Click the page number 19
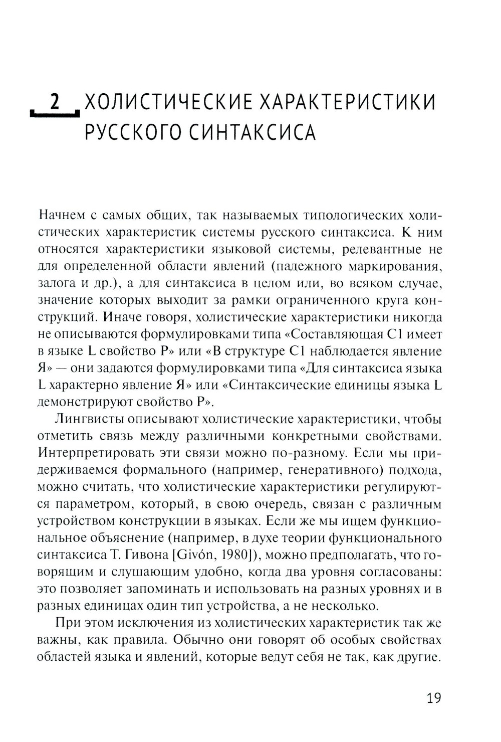433,698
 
